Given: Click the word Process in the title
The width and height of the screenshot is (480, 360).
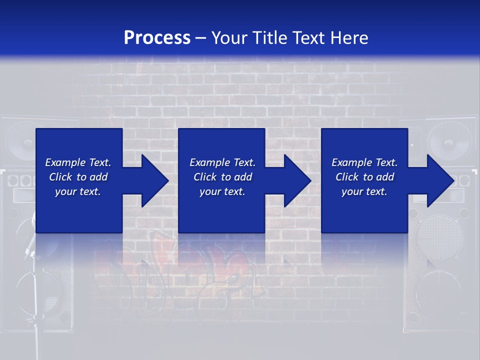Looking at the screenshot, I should coord(157,38).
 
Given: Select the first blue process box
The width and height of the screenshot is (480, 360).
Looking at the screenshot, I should coord(79,210).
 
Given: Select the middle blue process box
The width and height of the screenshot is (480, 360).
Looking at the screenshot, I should coord(221,210).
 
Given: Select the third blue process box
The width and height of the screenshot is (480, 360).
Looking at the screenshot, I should coord(364,210).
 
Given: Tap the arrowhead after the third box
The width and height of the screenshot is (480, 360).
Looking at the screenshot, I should coord(439,180).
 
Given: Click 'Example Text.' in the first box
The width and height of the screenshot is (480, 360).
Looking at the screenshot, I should coord(78,162).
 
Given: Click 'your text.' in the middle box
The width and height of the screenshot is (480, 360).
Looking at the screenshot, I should coord(222,191).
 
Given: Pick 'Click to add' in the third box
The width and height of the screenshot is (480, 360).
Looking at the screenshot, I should coord(364,177).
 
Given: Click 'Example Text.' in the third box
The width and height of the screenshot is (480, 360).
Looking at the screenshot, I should coord(364,162).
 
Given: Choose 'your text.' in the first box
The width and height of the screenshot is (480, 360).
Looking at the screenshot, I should coord(78,191).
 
